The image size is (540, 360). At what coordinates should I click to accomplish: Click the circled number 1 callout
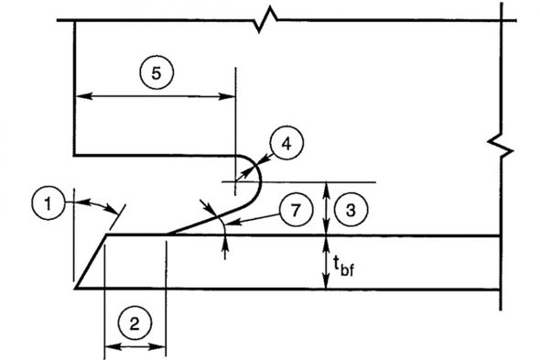(47, 201)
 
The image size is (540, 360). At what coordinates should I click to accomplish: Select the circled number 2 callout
(135, 322)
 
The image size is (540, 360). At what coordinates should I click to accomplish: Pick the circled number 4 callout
(286, 144)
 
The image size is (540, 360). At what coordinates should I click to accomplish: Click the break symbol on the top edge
(267, 17)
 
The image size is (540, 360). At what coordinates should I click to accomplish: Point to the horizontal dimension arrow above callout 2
(135, 346)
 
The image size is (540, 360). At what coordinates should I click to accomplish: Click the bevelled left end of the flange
(92, 262)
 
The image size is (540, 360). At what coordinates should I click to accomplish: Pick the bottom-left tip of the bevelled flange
(75, 288)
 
